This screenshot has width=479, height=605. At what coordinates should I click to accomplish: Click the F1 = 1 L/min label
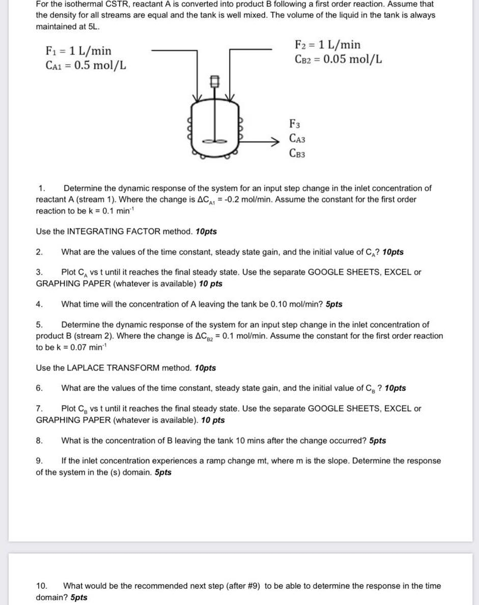pyautogui.click(x=78, y=51)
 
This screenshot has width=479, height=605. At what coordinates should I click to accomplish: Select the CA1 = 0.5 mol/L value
pyautogui.click(x=86, y=66)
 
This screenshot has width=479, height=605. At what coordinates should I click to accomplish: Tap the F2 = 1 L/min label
pyautogui.click(x=328, y=45)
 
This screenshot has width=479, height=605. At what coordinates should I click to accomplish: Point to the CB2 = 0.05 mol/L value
pyautogui.click(x=339, y=59)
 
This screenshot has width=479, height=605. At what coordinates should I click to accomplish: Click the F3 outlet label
pyautogui.click(x=295, y=123)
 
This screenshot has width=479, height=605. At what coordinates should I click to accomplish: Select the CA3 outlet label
pyautogui.click(x=297, y=138)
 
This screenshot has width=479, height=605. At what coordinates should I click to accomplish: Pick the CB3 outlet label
pyautogui.click(x=297, y=153)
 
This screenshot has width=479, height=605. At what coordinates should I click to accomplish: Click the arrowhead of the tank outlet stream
pyautogui.click(x=277, y=140)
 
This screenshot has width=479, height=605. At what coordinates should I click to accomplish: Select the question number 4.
pyautogui.click(x=39, y=304)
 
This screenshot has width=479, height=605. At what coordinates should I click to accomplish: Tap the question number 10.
pyautogui.click(x=41, y=586)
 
